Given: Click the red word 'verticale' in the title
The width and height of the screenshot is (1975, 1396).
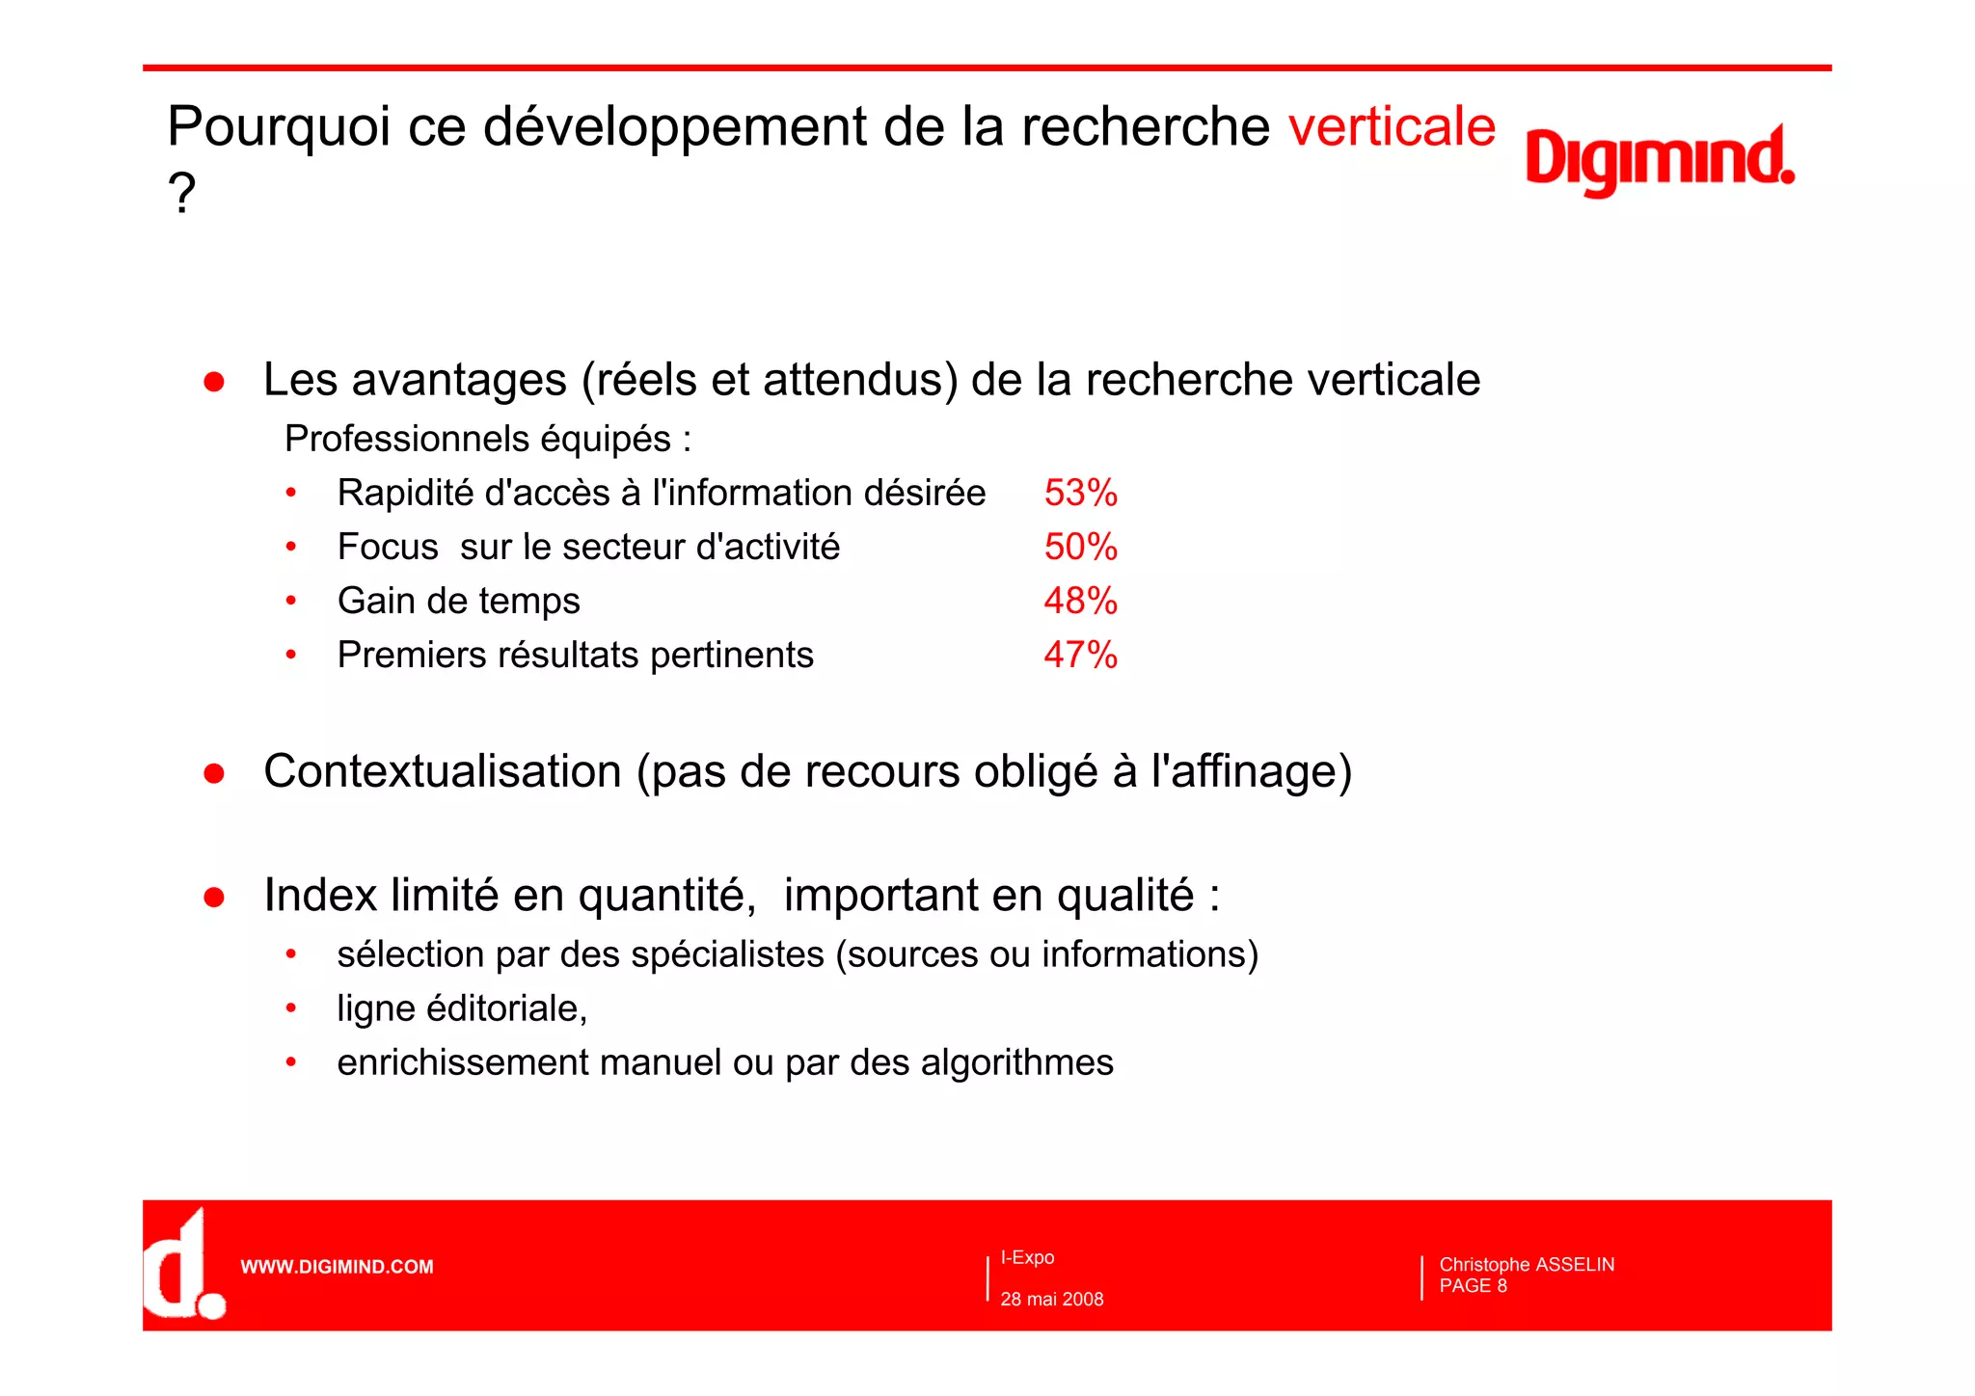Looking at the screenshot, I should point(1392,126).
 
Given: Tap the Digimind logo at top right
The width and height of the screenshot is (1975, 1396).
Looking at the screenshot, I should point(1659,159).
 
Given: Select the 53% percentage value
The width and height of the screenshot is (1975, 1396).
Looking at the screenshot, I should point(1080,493).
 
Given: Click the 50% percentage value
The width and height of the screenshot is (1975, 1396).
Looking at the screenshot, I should point(1080,547).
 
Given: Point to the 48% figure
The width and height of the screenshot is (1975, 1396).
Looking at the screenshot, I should point(1080,601).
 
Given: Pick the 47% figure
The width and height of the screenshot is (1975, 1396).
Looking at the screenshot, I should point(1080,655).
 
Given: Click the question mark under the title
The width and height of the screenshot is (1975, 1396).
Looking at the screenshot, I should point(181,193).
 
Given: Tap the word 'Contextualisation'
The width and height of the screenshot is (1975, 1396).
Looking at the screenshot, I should point(443,771).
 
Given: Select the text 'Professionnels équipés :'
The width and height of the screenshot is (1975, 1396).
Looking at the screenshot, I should point(488,439).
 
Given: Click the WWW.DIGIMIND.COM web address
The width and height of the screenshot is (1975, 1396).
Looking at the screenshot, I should point(337,1267).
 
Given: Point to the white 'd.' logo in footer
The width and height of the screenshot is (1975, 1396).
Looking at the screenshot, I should point(183,1266).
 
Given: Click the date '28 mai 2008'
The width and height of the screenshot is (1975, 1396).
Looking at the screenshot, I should point(1052,1299).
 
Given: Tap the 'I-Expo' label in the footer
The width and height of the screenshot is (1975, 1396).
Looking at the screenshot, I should point(1027,1257).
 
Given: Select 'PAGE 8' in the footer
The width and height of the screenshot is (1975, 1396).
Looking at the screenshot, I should point(1473,1286).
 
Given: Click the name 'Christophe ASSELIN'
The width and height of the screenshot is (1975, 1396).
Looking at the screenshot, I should point(1527,1264).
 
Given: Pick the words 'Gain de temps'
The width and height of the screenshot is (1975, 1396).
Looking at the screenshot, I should point(459,601).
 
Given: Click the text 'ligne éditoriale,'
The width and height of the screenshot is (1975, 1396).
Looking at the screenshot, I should point(462,1008).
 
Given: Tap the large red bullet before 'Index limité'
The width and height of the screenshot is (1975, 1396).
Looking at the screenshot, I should point(214,897).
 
